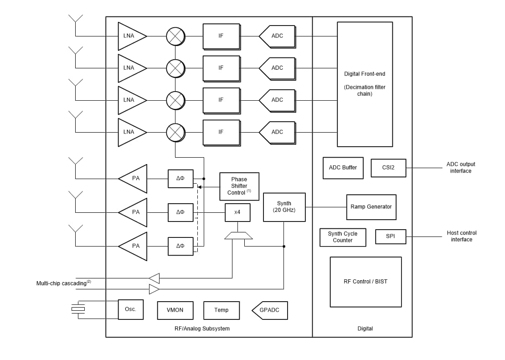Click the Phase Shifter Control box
click(x=239, y=186)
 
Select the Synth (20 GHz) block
click(x=284, y=207)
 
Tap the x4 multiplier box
click(x=237, y=212)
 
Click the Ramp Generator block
click(x=371, y=207)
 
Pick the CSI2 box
click(x=388, y=167)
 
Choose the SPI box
click(x=390, y=236)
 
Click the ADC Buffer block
click(x=343, y=167)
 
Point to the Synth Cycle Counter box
click(x=343, y=237)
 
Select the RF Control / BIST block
click(x=366, y=282)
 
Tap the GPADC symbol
click(x=270, y=310)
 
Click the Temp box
click(x=222, y=310)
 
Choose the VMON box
click(x=175, y=310)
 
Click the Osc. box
click(x=130, y=309)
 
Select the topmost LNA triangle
click(x=130, y=36)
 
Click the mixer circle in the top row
click(x=175, y=36)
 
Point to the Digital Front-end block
click(x=365, y=84)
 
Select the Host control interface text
click(x=461, y=236)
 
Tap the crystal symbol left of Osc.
click(x=78, y=309)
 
